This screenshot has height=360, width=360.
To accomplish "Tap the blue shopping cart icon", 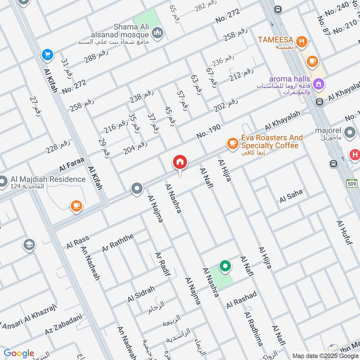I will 47,55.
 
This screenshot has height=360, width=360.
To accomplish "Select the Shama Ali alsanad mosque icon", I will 157,32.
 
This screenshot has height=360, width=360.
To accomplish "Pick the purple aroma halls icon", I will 319,83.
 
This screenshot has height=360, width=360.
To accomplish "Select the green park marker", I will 225,266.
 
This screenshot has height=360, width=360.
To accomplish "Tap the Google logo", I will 18,353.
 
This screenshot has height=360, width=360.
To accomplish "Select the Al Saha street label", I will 291,196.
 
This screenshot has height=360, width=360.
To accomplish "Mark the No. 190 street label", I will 208,131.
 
